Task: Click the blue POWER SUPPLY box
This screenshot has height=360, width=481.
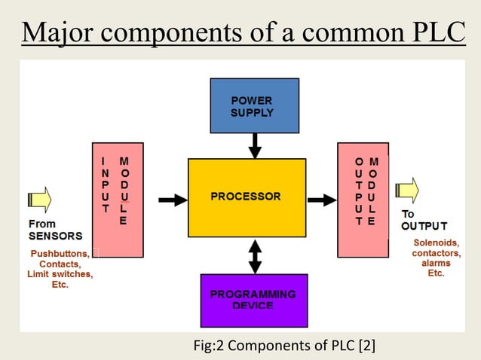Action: coord(255,106)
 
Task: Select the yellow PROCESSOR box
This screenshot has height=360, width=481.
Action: coord(247,198)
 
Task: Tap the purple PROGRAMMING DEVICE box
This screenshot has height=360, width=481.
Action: coord(255,299)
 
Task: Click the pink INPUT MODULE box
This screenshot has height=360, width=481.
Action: coord(117,200)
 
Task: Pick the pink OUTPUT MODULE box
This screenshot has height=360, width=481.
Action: coord(363,200)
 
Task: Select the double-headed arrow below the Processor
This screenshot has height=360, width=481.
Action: coord(255,257)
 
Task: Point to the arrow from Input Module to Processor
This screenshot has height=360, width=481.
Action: coord(173,200)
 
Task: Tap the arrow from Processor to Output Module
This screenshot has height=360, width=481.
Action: coord(322,200)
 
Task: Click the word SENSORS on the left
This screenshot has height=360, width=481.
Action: coord(55,236)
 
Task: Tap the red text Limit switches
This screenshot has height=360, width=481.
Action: coord(60,275)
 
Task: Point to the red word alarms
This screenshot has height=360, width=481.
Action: coord(436,264)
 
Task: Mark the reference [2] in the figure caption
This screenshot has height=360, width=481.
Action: coord(367,346)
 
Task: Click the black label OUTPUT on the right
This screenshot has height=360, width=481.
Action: coord(424,226)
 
